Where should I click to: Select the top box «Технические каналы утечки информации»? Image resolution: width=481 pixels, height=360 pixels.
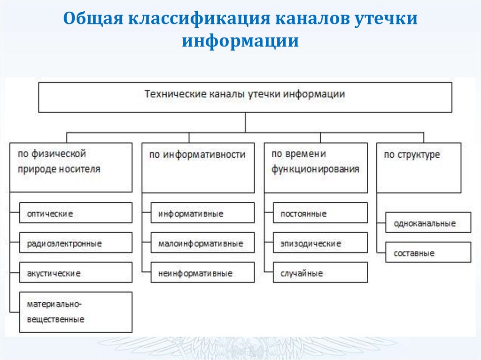[245, 97]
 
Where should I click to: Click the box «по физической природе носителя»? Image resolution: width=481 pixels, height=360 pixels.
[70, 168]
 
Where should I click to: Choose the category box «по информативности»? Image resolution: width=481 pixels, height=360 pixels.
[198, 168]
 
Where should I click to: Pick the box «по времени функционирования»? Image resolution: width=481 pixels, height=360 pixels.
[316, 168]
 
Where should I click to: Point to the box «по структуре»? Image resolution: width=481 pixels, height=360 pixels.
[419, 168]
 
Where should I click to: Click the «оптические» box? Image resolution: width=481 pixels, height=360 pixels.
[76, 213]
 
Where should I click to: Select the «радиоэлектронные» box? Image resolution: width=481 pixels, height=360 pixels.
[76, 243]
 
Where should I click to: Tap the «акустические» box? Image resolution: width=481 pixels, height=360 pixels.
[76, 273]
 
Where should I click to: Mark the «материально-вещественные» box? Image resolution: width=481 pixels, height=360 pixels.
[76, 312]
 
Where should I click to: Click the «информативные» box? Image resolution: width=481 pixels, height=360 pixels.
[202, 213]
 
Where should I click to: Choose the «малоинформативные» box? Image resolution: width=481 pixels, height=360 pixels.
[202, 243]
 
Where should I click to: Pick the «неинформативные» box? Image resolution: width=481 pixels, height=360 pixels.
[202, 273]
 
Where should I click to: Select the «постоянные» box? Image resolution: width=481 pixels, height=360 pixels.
[320, 213]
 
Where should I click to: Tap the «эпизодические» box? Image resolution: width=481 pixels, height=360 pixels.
[320, 243]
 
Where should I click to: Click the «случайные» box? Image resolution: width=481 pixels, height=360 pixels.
[320, 273]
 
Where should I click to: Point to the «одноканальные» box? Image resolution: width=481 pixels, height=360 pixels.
[428, 223]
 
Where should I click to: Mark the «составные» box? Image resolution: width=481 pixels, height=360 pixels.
[428, 253]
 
